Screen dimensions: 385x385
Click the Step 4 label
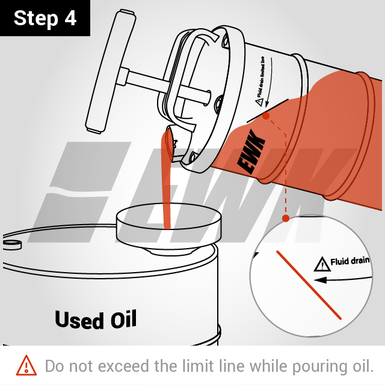45,18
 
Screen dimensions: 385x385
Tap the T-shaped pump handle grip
111,71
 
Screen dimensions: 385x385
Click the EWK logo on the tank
251,152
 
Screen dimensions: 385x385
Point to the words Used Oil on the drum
96,320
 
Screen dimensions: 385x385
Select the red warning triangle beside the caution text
26,366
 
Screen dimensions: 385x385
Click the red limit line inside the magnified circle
309,285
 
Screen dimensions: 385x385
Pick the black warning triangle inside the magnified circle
322,264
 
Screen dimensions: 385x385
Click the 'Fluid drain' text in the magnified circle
350,261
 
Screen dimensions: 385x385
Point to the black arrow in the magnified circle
343,279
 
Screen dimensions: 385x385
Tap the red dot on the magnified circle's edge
286,218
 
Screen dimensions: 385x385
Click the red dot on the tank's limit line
266,116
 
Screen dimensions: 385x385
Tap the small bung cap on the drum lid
12,244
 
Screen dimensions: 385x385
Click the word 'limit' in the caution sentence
198,366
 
